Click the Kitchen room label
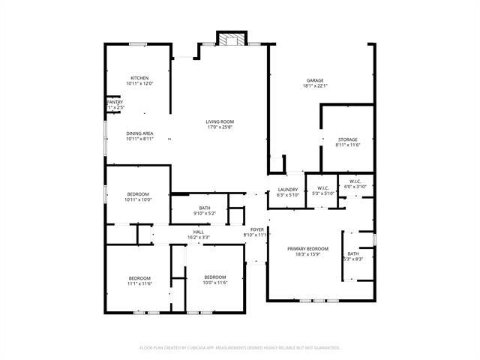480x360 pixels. [x=139, y=78]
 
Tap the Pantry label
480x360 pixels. [x=114, y=102]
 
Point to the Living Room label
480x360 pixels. [x=220, y=121]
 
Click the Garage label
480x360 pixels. [x=315, y=80]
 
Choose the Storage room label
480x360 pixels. [x=346, y=139]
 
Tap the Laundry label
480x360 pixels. [x=289, y=189]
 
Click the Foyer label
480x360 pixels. [x=256, y=229]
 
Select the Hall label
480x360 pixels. [x=199, y=232]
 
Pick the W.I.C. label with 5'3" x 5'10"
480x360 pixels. [x=324, y=188]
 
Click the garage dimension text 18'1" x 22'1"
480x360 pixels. [x=315, y=86]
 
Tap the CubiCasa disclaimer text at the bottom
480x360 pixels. [x=240, y=348]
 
